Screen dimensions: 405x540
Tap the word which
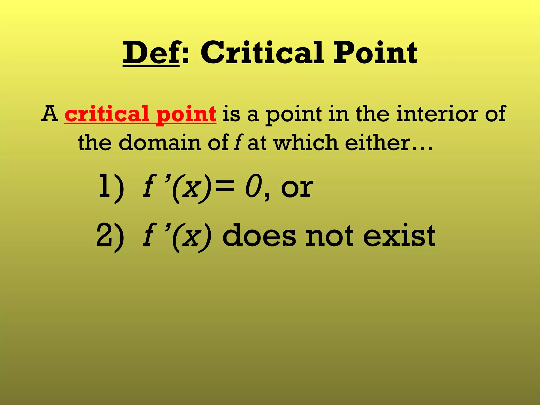306,143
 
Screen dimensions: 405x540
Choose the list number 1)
111,188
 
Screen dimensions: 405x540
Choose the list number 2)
110,235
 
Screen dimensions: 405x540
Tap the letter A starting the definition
50,114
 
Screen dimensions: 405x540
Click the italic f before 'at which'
238,143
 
